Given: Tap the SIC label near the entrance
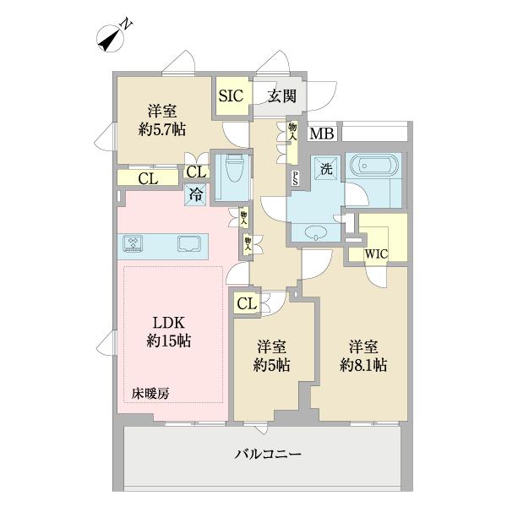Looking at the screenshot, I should coord(231,95).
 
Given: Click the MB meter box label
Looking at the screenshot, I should coord(320,134).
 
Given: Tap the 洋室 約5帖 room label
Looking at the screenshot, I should coord(273,357).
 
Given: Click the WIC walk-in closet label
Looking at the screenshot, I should coord(375,252).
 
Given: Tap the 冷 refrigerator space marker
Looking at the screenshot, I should coord(195,194).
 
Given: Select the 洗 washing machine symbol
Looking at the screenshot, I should coord(325,168).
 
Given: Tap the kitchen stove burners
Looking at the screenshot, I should coord(135,244).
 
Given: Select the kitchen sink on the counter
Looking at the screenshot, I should coord(188,244).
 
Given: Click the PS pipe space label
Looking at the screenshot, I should coord(295,177).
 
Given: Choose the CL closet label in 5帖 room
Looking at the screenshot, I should coord(246,303).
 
